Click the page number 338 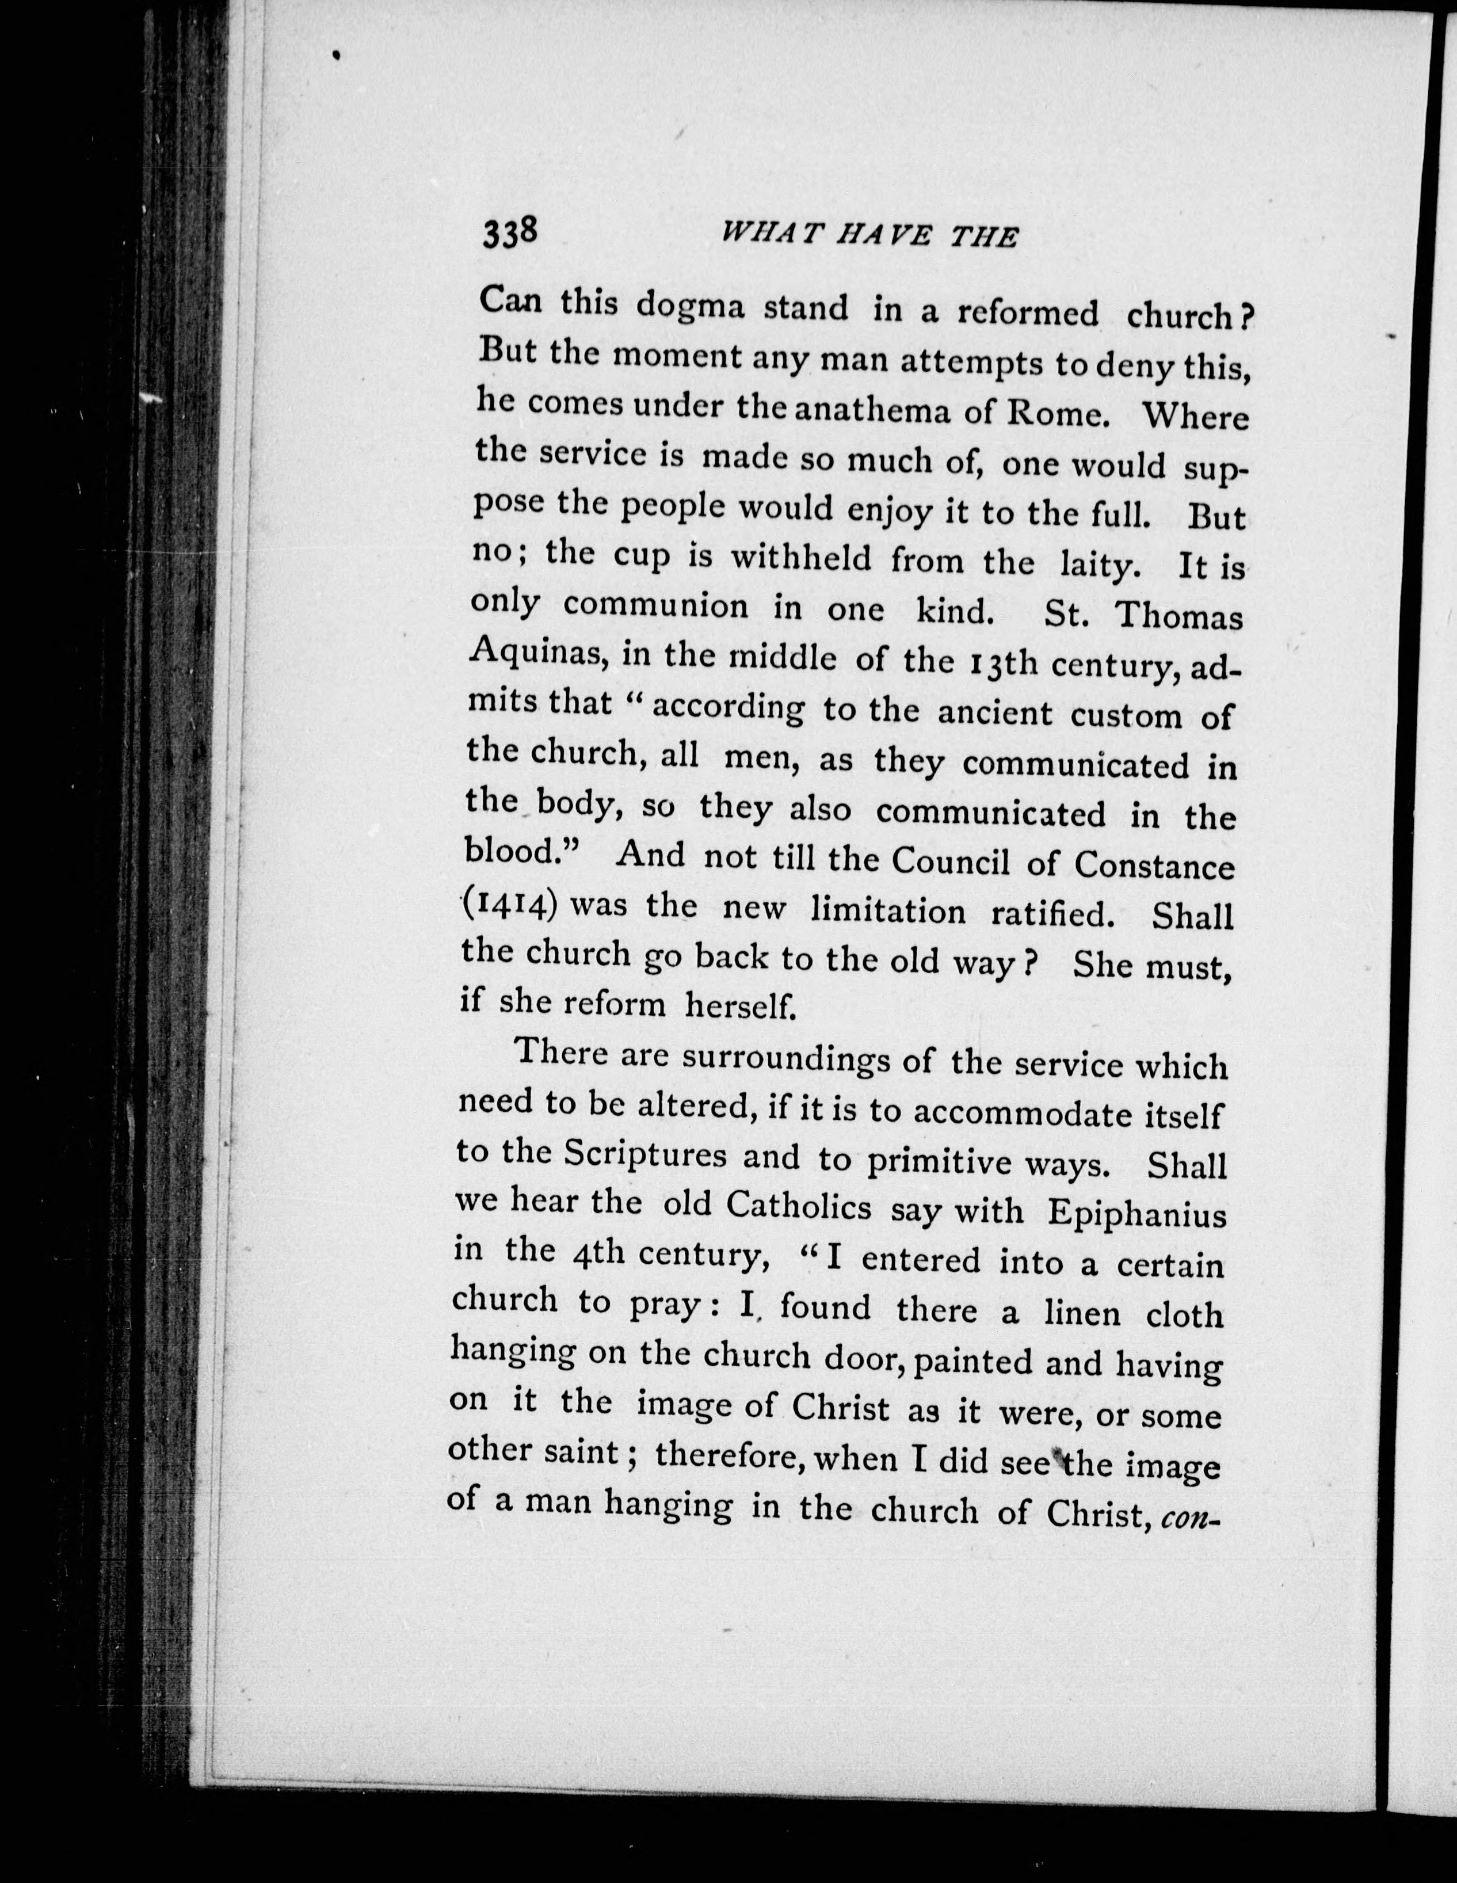click(x=510, y=233)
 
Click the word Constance click(x=1160, y=866)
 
